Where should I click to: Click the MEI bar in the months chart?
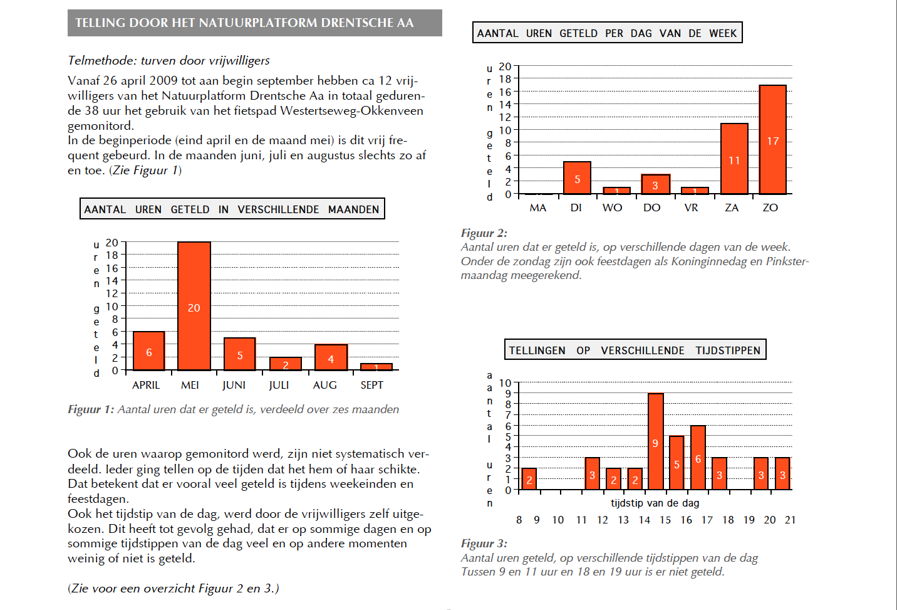(x=194, y=306)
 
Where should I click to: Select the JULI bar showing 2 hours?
(x=286, y=364)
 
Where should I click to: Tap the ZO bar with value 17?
(x=773, y=139)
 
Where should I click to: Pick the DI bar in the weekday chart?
(x=577, y=178)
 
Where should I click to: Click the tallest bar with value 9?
(x=656, y=441)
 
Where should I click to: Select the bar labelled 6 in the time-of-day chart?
(x=698, y=458)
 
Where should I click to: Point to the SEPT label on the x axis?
(x=371, y=385)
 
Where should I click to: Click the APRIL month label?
(x=146, y=385)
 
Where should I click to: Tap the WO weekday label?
(x=612, y=208)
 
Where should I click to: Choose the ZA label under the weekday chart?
(x=732, y=208)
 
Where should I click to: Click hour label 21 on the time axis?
(x=790, y=520)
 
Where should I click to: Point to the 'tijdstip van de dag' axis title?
(x=655, y=503)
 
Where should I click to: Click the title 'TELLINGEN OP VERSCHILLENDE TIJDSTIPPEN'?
(x=635, y=350)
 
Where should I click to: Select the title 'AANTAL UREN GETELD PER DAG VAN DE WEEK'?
(x=607, y=33)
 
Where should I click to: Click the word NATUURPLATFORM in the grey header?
(x=258, y=23)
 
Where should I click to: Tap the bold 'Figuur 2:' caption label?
(x=484, y=233)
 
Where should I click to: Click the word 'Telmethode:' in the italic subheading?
(x=103, y=61)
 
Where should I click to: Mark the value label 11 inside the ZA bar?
(x=734, y=160)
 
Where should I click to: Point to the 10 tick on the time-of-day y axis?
(x=505, y=383)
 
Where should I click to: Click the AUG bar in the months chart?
(x=331, y=357)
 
